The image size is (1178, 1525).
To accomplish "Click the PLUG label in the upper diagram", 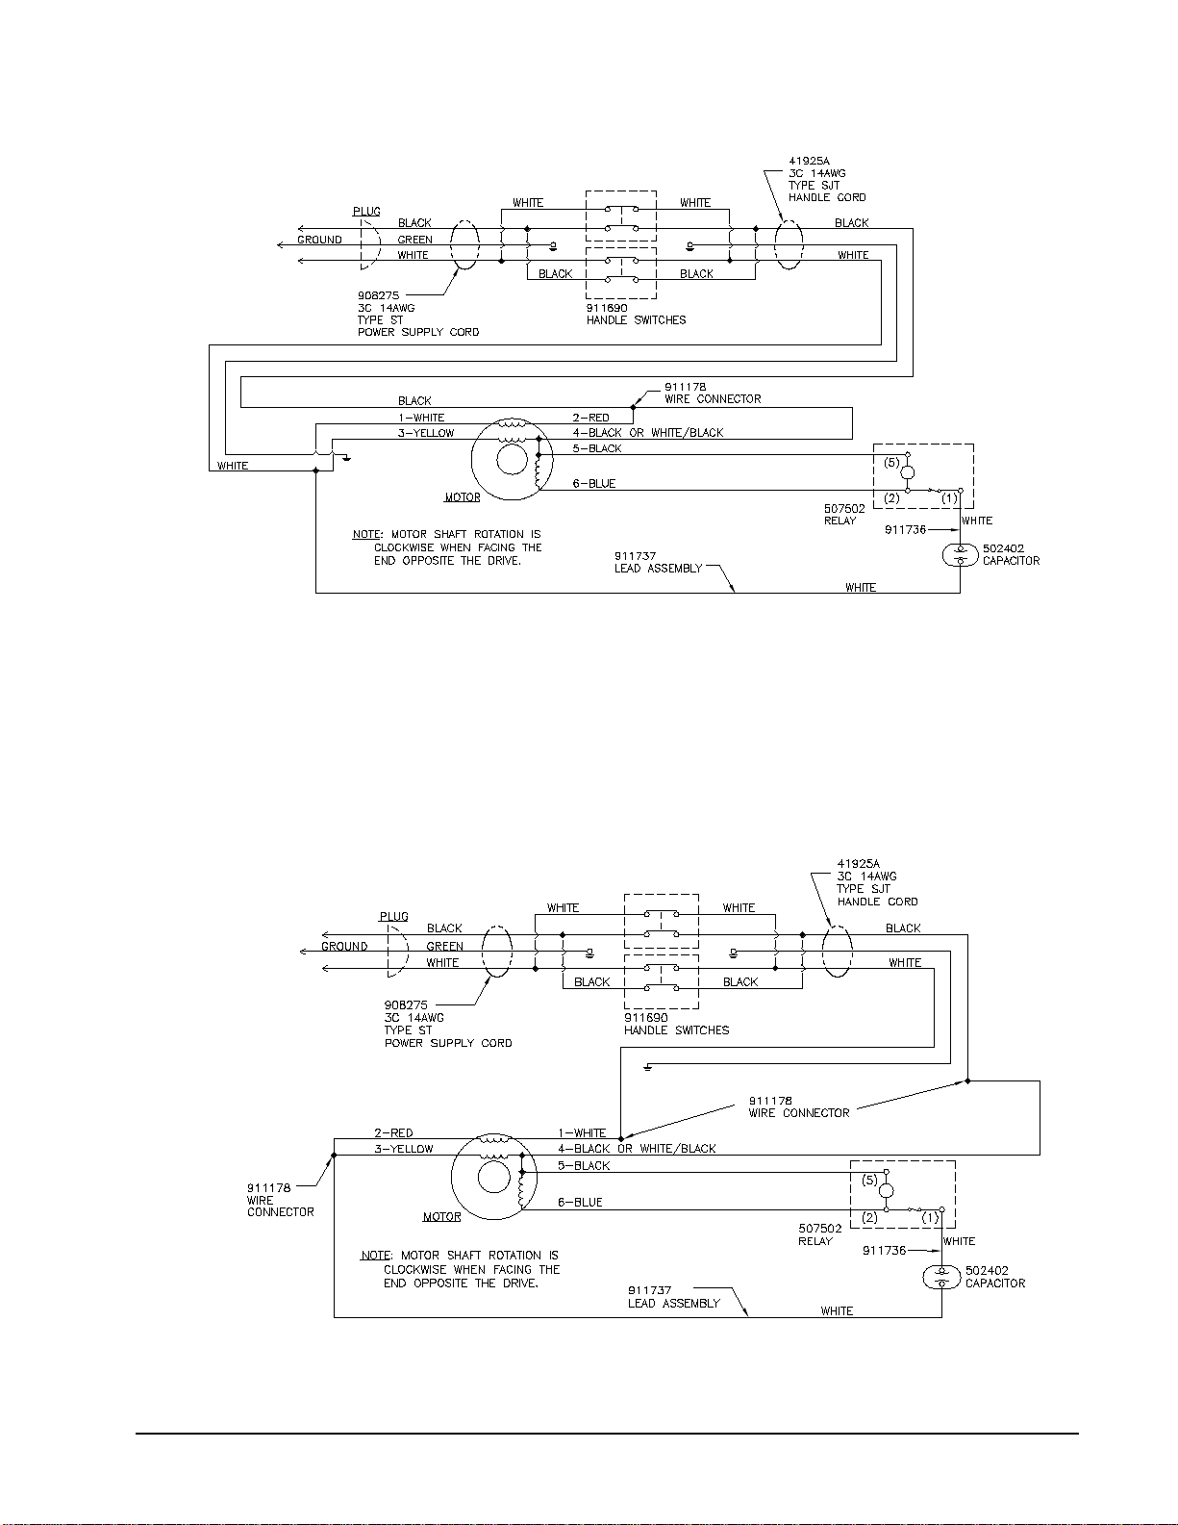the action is pos(366,212).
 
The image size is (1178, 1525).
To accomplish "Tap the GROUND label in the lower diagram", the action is pos(344,946).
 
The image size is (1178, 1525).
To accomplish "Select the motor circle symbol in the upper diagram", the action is pos(512,460).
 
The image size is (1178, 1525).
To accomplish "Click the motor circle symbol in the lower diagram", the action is pos(493,1177).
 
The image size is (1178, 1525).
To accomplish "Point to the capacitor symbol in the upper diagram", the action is pos(960,556).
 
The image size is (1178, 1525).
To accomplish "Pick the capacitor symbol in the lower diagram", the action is pos(941,1278).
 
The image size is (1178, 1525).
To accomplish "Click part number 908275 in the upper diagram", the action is pos(378,295).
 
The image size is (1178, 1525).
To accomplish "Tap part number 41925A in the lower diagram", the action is pos(858,864).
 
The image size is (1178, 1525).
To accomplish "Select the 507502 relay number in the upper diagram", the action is pos(844,508).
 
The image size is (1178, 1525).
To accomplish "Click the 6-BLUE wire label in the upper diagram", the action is pos(594,484).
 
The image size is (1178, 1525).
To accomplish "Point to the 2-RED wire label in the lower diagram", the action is pos(393,1132).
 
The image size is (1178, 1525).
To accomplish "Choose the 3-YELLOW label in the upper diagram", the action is pos(426,433).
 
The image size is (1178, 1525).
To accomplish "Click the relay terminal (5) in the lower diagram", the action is pos(869,1180).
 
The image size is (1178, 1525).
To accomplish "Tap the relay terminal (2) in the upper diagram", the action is pos(891,498).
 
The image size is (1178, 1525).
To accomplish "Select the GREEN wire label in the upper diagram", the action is pos(415,240).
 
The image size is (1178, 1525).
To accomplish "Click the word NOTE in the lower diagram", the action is pos(375,1255).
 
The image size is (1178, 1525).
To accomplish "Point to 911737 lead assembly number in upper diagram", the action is pos(636,556).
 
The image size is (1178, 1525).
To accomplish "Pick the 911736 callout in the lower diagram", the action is pos(884,1250).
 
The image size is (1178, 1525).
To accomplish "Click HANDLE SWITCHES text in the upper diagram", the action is pos(636,320).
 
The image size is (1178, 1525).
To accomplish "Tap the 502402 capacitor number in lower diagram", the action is pos(987,1270).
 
